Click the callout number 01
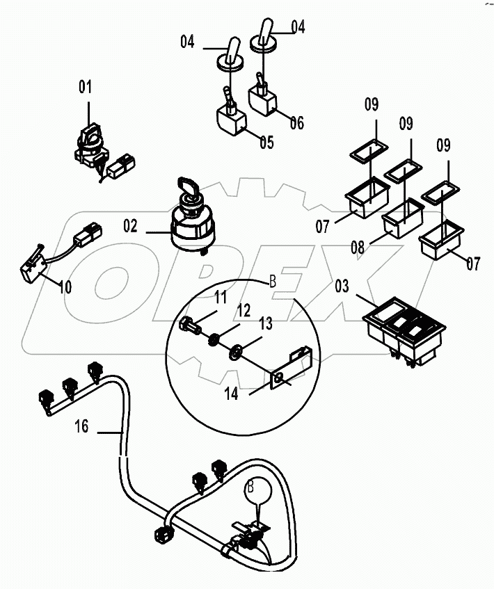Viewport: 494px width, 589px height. coord(85,88)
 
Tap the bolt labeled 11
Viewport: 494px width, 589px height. coord(191,324)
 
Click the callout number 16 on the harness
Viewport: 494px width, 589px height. coord(82,426)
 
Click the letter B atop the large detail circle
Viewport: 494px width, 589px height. coord(273,283)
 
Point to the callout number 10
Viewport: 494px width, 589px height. coord(65,287)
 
